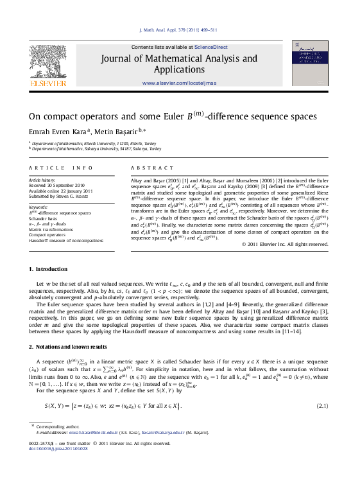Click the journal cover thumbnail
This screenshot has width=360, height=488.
click(x=310, y=63)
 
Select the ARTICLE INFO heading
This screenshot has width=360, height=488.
click(x=60, y=168)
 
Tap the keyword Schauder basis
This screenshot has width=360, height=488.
click(x=44, y=218)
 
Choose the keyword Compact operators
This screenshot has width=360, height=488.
click(x=47, y=234)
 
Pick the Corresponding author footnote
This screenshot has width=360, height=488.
click(x=55, y=426)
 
